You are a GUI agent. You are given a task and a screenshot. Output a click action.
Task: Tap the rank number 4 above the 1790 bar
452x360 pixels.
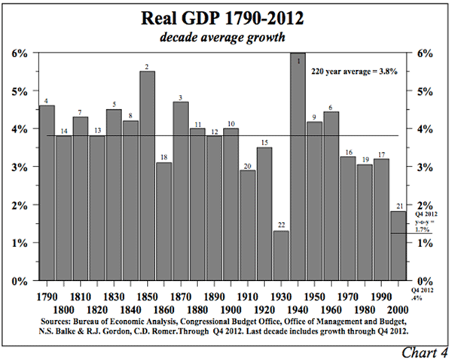[46, 101]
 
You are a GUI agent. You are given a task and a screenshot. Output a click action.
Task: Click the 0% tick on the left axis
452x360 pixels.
[19, 281]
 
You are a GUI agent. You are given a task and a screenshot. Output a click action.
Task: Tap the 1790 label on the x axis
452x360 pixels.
[47, 294]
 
